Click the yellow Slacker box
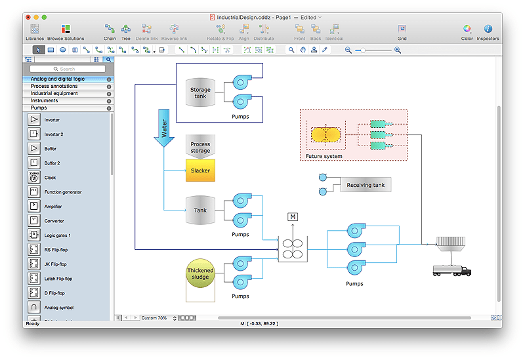(x=200, y=170)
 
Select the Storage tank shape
(x=200, y=93)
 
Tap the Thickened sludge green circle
(x=200, y=273)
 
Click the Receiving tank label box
(x=366, y=185)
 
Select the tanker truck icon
(x=451, y=270)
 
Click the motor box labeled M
(x=293, y=217)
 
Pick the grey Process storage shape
(x=200, y=147)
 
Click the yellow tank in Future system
(x=326, y=134)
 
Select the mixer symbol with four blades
(x=293, y=249)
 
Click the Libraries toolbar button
(x=35, y=31)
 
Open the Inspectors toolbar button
(x=488, y=31)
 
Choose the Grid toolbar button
(x=402, y=31)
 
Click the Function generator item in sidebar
(x=62, y=192)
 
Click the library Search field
(x=68, y=69)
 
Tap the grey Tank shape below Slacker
(x=200, y=210)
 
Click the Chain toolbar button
(x=110, y=31)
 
